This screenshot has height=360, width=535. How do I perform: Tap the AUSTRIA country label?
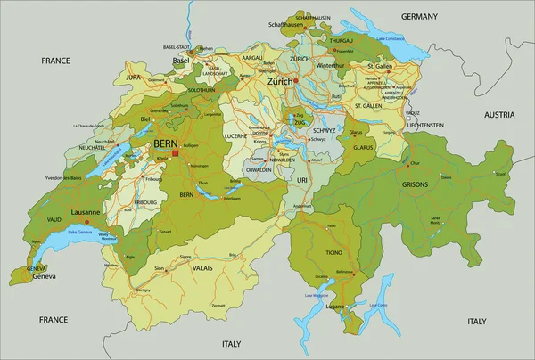tap(499, 115)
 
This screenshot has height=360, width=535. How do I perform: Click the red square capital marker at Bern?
tap(175, 153)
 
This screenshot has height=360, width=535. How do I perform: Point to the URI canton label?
tap(301, 180)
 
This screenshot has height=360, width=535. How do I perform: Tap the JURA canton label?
tap(134, 78)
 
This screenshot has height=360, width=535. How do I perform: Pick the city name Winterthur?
tap(330, 65)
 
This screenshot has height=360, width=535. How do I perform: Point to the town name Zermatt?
tap(218, 305)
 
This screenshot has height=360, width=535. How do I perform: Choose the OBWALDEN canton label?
tap(259, 169)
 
